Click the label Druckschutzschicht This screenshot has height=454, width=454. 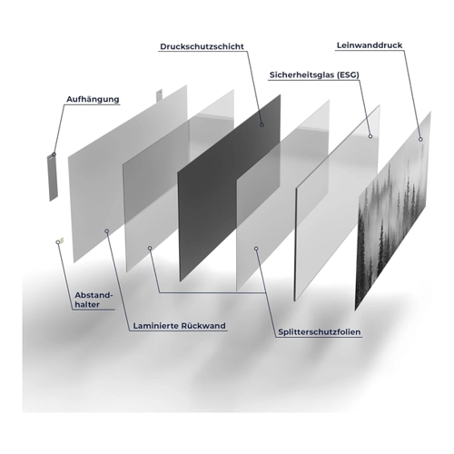(202, 46)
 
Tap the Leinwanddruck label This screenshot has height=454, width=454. (370, 45)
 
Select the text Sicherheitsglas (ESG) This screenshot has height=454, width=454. (314, 74)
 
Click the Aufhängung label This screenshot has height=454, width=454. (93, 99)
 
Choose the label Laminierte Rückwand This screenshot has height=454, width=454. (180, 326)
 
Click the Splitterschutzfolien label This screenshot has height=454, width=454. (320, 332)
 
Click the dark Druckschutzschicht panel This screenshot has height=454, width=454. (229, 188)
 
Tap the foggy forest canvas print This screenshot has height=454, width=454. (393, 212)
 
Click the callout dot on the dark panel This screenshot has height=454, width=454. (262, 124)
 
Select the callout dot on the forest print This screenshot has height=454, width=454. (420, 139)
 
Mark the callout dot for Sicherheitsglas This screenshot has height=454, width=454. (370, 136)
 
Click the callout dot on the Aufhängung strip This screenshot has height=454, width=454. (54, 154)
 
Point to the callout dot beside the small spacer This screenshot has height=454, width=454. (58, 242)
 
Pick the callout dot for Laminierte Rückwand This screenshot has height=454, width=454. (107, 231)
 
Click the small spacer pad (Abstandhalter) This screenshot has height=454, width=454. (62, 240)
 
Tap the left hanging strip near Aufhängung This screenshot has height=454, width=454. (52, 177)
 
